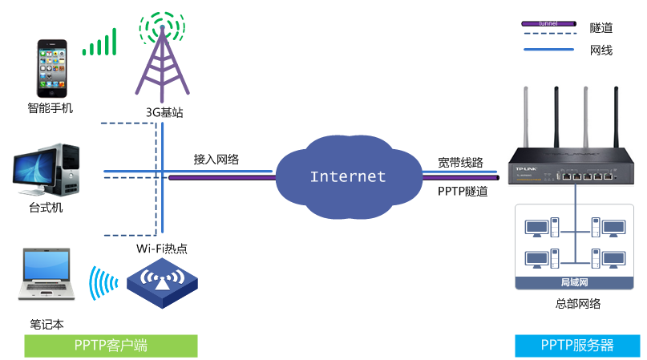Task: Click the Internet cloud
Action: tap(347, 177)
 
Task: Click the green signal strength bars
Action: tap(100, 43)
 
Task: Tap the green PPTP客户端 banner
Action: tap(111, 346)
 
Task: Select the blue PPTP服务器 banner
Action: tap(576, 346)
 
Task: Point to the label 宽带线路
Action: tap(461, 162)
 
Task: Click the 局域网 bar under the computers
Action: tap(574, 282)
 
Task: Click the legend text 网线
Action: tap(601, 50)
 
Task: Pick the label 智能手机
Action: tap(50, 108)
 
